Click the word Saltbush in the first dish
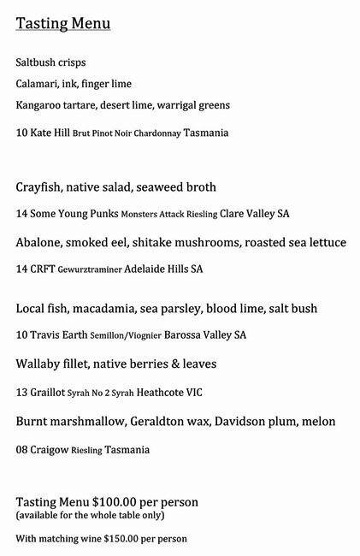[x=37, y=63]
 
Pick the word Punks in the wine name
[x=103, y=214]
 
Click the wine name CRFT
[x=42, y=269]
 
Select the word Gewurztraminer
[x=90, y=270]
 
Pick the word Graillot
[x=47, y=393]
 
